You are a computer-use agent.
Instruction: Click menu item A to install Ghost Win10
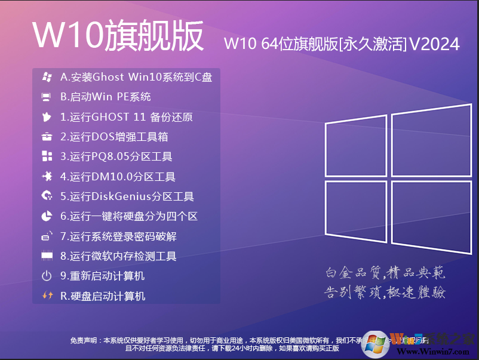tap(136, 77)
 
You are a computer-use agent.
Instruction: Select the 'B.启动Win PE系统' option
tap(106, 97)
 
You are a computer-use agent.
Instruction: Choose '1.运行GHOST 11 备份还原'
tap(127, 117)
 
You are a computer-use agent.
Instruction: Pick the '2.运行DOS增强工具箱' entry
tap(114, 137)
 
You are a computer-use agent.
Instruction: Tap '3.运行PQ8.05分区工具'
tap(116, 157)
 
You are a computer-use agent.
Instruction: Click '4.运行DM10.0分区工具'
tap(118, 177)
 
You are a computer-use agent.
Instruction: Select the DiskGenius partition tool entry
tap(127, 196)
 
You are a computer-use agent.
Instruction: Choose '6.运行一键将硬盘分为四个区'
tap(129, 216)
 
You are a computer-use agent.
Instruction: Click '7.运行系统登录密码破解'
tap(118, 236)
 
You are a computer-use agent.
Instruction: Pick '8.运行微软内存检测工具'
tap(118, 256)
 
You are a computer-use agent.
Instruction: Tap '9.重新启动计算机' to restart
tap(103, 276)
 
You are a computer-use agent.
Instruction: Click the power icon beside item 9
tap(47, 276)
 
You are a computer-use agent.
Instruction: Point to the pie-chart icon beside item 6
tap(47, 216)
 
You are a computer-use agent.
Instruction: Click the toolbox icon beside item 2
tap(47, 137)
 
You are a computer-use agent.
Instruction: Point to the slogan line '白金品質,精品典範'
tap(385, 273)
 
